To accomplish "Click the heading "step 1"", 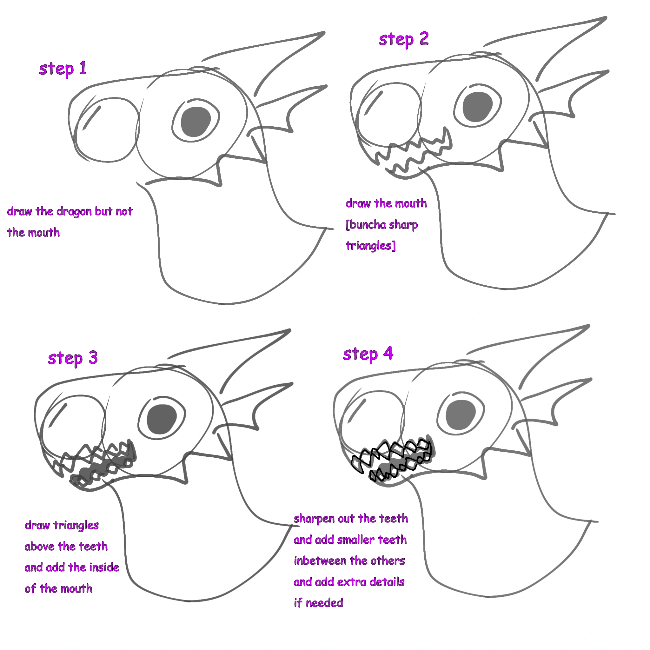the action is pos(63,69).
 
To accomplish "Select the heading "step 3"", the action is pos(72,358).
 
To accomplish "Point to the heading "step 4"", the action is pos(368,354).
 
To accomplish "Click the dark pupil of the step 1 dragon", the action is pos(196,122).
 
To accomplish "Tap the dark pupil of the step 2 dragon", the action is pos(477,107).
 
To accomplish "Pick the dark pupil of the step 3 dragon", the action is pos(162,419).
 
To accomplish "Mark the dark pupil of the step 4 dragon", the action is pos(461,415).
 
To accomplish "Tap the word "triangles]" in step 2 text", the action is pos(370,246).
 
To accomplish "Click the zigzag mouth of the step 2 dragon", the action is pos(414,151).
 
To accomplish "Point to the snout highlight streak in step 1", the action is pos(92,117).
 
